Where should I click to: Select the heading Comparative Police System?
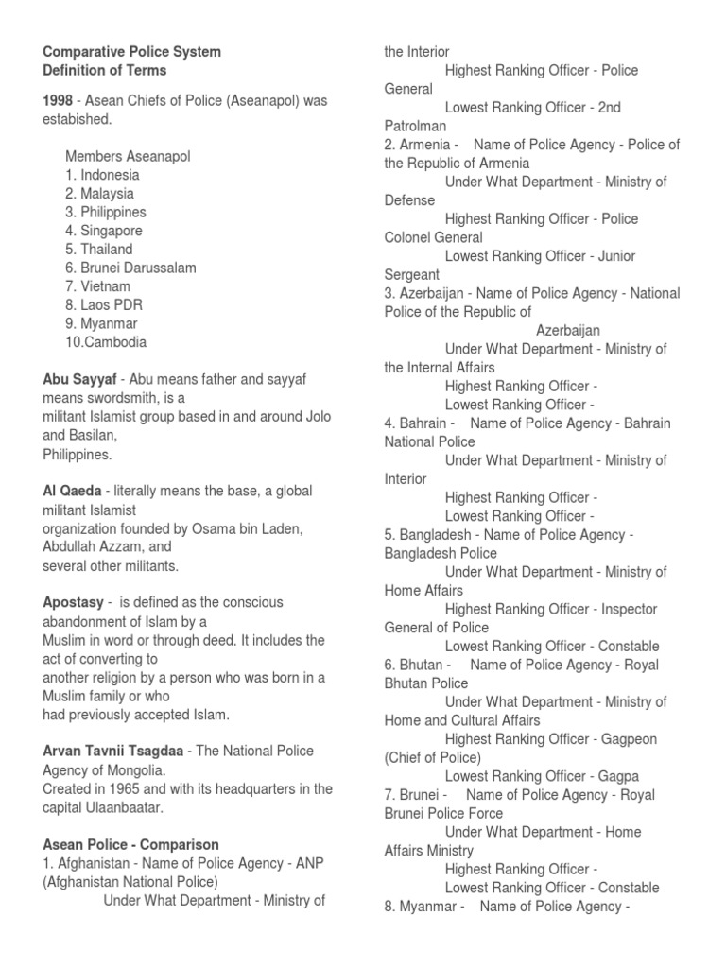click(132, 51)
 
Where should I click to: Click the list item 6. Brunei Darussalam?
click(130, 268)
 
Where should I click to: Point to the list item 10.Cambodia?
click(106, 342)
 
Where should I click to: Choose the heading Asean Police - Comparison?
click(131, 844)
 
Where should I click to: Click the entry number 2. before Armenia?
click(390, 145)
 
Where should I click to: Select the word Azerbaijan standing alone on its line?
click(568, 330)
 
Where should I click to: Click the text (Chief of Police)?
click(433, 757)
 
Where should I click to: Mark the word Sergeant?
click(412, 274)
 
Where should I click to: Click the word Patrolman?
click(415, 126)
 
